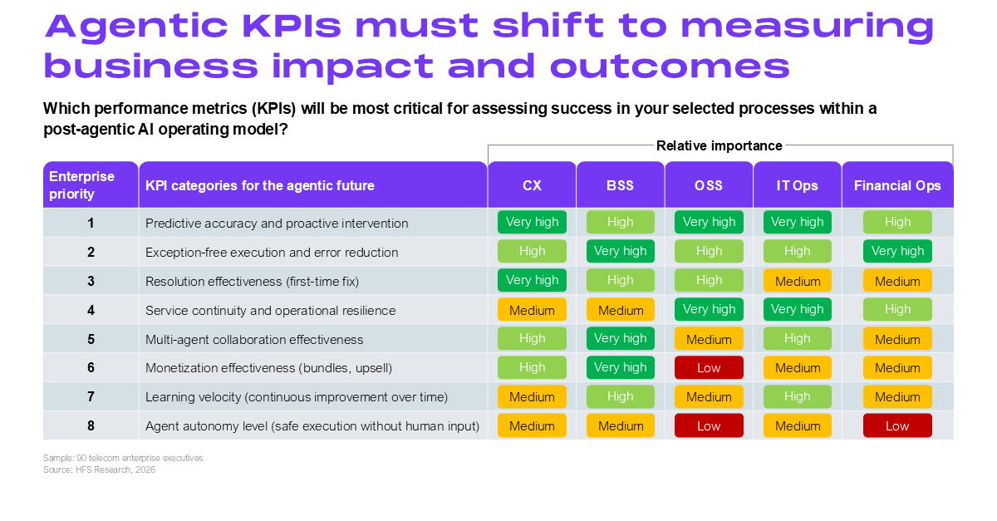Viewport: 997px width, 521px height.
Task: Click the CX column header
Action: point(532,184)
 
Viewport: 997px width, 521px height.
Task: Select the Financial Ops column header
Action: point(897,184)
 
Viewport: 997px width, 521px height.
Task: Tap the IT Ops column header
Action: point(797,184)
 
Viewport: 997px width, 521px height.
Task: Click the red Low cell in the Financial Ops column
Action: point(897,425)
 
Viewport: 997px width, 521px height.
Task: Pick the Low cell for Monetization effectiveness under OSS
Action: point(709,367)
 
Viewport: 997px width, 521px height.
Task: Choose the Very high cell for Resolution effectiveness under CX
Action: point(532,280)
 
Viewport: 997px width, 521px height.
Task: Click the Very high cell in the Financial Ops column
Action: point(897,251)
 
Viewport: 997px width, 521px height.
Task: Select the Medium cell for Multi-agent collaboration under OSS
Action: point(709,338)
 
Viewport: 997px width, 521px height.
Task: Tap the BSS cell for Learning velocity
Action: point(621,396)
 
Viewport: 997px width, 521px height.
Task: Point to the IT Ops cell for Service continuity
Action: point(797,309)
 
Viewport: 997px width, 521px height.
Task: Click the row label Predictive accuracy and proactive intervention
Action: point(277,223)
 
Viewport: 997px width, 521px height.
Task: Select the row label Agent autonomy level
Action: point(312,426)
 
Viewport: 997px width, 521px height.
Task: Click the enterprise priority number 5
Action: point(91,339)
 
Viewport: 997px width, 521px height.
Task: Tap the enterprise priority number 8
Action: point(91,425)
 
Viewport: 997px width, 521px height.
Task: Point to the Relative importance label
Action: point(719,145)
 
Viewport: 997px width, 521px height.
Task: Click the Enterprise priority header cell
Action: point(91,184)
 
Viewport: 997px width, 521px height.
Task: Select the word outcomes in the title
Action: point(670,66)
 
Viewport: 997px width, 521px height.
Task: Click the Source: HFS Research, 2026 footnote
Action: point(99,469)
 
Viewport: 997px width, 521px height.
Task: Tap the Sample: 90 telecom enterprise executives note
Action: point(123,458)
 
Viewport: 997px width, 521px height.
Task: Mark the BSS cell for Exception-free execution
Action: point(621,251)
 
